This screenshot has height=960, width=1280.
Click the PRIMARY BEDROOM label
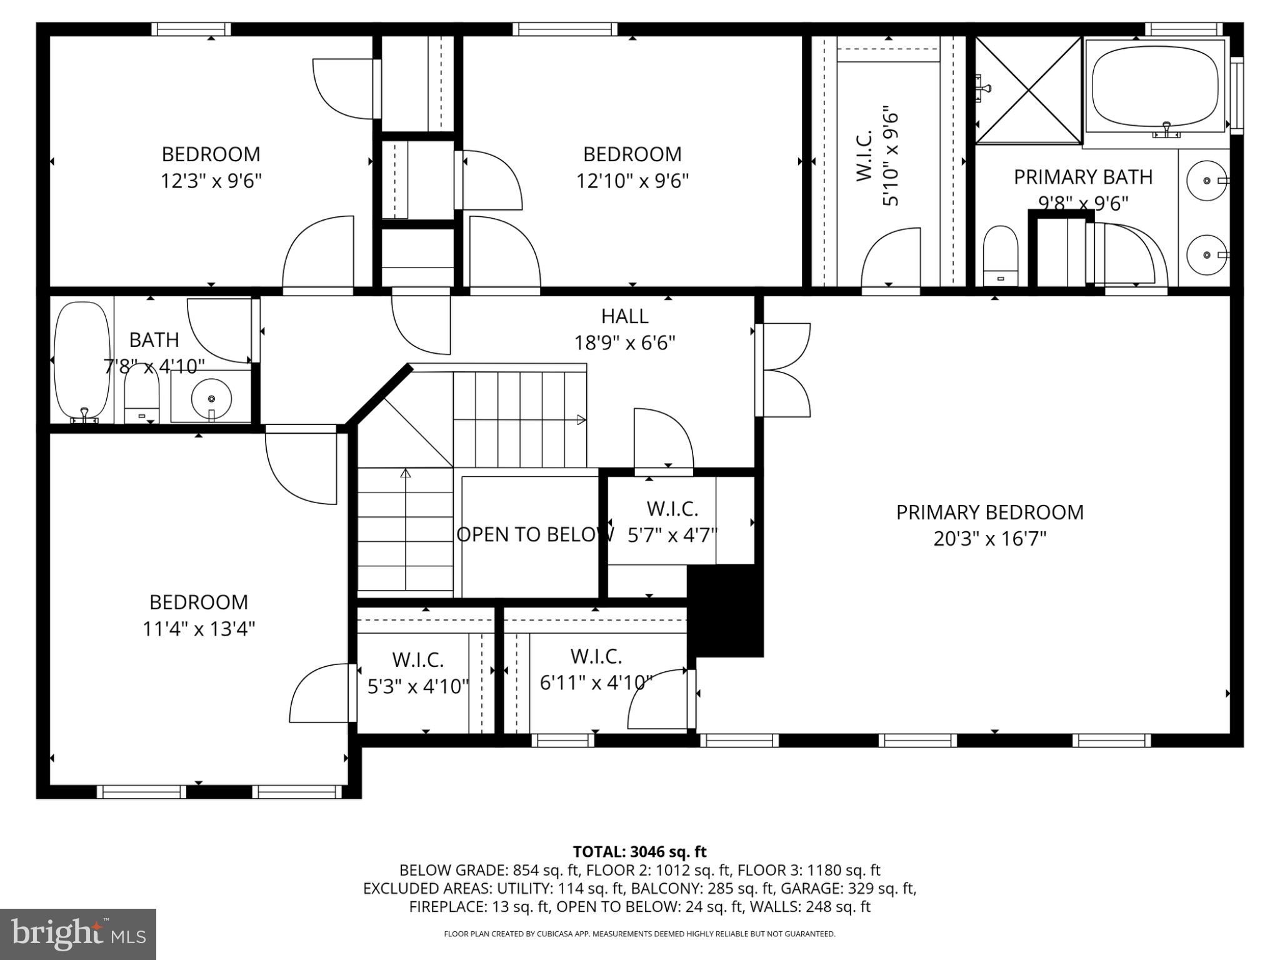click(x=989, y=512)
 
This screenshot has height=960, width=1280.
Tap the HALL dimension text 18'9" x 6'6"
click(x=625, y=343)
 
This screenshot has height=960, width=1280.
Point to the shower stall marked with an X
click(x=1029, y=90)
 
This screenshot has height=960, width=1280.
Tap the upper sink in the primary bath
click(x=1206, y=181)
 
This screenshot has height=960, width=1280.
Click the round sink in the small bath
click(x=211, y=397)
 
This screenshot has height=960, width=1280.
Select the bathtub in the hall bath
click(x=82, y=359)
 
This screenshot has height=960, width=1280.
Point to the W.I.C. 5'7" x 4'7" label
click(x=672, y=522)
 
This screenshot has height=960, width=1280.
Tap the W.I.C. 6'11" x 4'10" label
click(x=596, y=669)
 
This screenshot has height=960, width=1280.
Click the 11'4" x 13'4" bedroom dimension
click(x=199, y=629)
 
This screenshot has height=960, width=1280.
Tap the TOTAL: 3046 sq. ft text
click(x=639, y=852)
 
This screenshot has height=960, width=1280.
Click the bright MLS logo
click(x=78, y=934)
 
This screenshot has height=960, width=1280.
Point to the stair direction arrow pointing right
click(x=581, y=420)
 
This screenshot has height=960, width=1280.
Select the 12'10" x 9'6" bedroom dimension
click(x=632, y=181)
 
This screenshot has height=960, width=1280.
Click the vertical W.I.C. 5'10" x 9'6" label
click(x=877, y=159)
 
